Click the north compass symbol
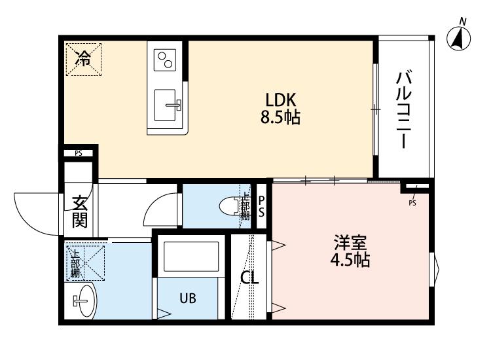click(x=461, y=39)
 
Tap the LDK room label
click(x=282, y=100)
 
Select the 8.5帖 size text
click(x=282, y=118)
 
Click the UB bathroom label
click(x=189, y=298)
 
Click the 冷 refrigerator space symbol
click(x=83, y=58)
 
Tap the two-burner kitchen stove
click(x=165, y=60)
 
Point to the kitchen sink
click(x=167, y=103)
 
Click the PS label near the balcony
click(x=412, y=202)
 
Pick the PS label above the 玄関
click(x=79, y=154)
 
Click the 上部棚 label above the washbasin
click(x=75, y=262)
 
